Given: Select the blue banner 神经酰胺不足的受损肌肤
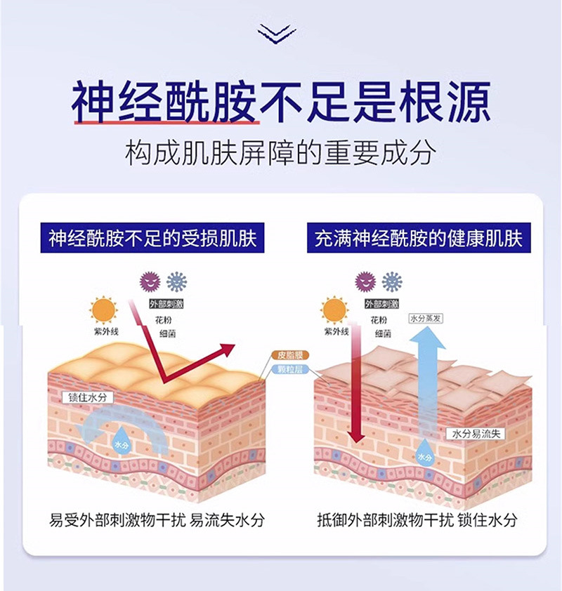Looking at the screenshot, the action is coord(152,239).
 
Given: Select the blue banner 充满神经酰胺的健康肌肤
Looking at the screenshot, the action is coord(419,239).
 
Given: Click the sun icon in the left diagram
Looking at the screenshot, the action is coord(103,310).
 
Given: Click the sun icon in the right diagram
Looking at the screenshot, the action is coord(334,310).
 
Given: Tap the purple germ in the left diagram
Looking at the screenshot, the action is coord(149,282).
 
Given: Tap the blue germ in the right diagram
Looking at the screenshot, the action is coord(392,282).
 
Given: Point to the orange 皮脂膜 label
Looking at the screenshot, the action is coord(287,356).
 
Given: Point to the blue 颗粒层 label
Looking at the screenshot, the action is coord(287,368).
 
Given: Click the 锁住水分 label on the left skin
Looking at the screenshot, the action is coord(88,397).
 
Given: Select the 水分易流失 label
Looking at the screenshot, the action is coord(475,433).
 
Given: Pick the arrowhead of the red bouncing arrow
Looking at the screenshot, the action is coord(226,350).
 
